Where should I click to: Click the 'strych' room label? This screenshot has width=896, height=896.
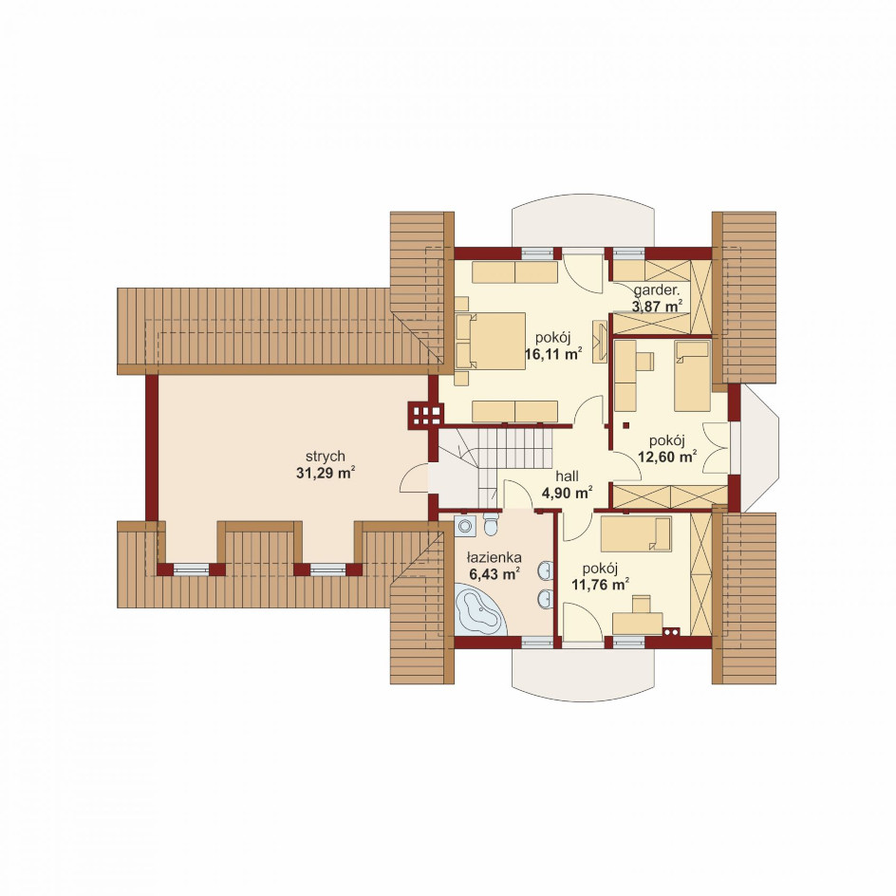(x=326, y=457)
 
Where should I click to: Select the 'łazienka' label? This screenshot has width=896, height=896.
(x=494, y=557)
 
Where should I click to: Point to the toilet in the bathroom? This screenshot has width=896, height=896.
(x=491, y=523)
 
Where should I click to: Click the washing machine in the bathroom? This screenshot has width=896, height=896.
(x=464, y=524)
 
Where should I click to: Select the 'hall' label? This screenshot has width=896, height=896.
(x=567, y=476)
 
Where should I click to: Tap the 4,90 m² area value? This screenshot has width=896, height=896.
(x=567, y=493)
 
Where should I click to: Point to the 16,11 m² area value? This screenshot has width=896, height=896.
(x=553, y=354)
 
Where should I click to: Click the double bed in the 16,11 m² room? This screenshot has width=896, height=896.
(x=491, y=341)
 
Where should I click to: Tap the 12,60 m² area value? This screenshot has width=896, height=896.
(x=667, y=457)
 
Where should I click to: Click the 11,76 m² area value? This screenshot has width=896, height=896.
(x=600, y=585)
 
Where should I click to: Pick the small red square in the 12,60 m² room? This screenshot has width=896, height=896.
(x=625, y=425)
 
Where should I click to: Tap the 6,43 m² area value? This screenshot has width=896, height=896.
(x=494, y=574)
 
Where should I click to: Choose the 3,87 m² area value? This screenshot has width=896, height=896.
(x=658, y=306)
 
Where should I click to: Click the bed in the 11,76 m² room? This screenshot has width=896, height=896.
(x=636, y=534)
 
